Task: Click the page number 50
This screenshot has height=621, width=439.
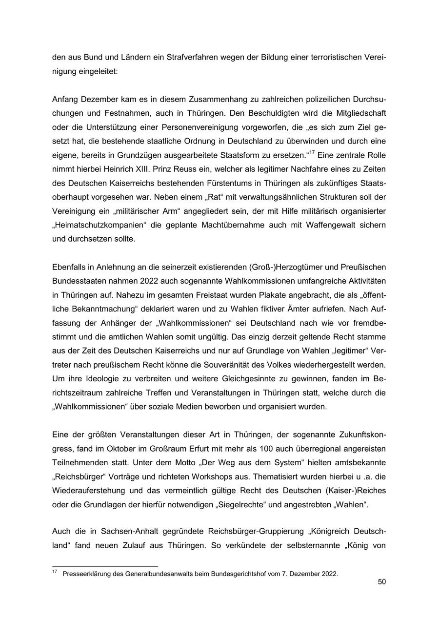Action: pyautogui.click(x=382, y=582)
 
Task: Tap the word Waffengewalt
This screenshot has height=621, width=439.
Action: pyautogui.click(x=325, y=226)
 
